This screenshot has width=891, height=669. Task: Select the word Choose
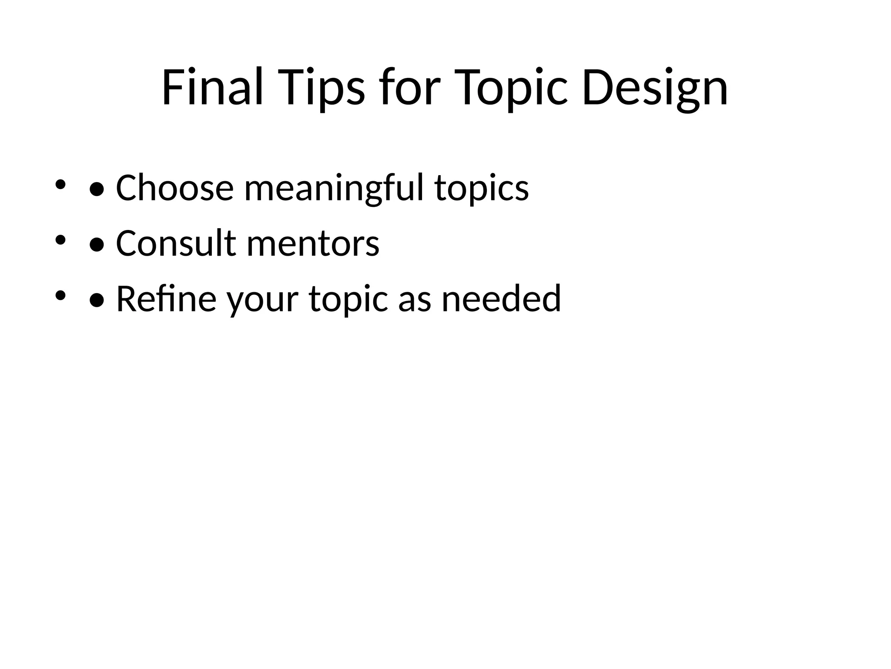click(x=175, y=188)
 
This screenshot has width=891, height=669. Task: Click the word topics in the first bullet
click(x=482, y=188)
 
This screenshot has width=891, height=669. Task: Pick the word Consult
click(x=176, y=243)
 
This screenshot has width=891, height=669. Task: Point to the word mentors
click(x=313, y=243)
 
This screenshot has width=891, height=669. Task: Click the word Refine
click(x=166, y=299)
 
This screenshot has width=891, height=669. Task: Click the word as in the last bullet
click(x=414, y=299)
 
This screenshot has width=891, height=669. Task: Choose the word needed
click(x=501, y=299)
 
